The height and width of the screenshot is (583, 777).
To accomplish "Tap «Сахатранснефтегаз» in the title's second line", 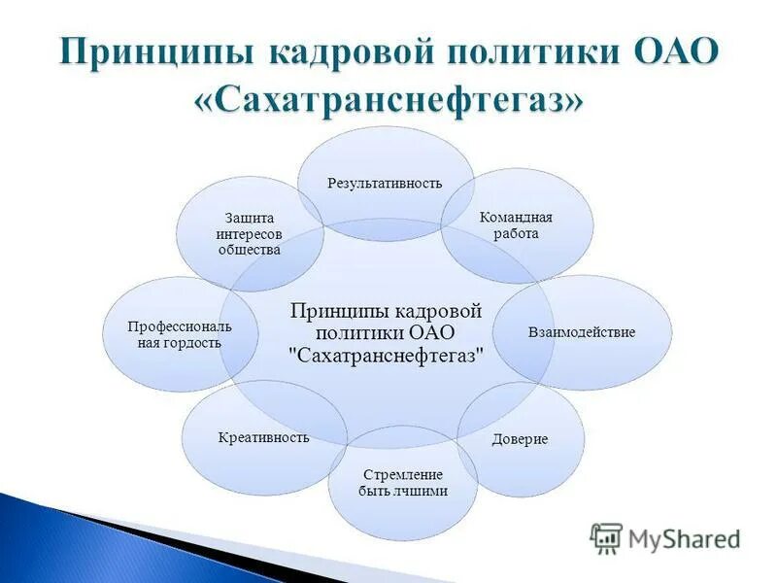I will (388, 100).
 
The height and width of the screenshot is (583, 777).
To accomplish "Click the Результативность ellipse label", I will (385, 183).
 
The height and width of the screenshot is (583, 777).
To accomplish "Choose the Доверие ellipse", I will (520, 439).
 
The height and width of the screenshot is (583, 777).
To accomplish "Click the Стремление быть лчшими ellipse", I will (403, 483).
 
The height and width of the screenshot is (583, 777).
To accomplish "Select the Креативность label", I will (264, 437).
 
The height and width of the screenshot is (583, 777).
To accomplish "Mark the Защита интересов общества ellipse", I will (250, 234).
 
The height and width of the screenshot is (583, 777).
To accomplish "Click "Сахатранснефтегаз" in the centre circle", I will (387, 357).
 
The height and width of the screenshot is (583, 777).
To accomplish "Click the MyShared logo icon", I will (606, 537).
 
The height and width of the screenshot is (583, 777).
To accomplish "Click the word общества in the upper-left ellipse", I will (250, 250).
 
